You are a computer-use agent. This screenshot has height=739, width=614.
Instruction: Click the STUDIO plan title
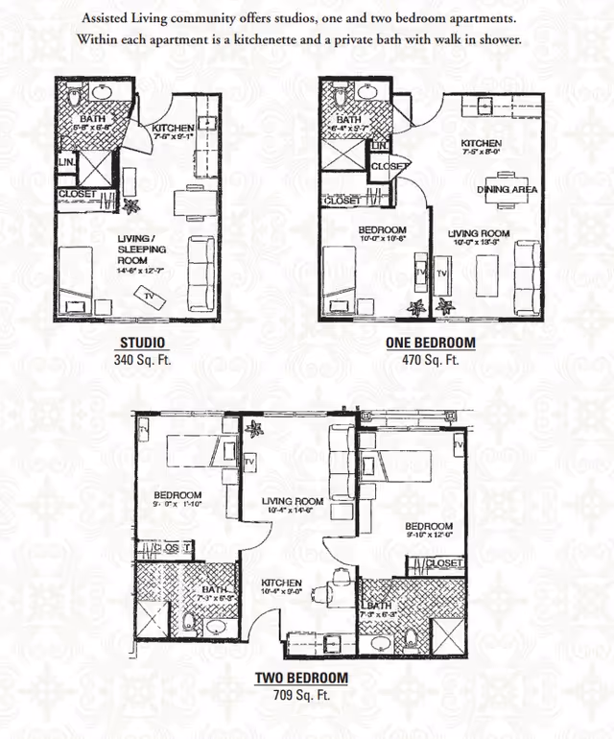tap(141, 344)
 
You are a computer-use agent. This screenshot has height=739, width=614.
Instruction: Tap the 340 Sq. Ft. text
tap(141, 361)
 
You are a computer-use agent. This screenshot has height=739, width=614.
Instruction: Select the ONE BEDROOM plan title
tap(429, 344)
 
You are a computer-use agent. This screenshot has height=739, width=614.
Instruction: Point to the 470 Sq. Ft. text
tap(429, 361)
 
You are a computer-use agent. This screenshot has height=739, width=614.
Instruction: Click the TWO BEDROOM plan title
tap(300, 678)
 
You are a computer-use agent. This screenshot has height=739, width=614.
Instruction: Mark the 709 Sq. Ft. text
tap(300, 695)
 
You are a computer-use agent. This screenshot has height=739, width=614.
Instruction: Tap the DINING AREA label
tap(508, 189)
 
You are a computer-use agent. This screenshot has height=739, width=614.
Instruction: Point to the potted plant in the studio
tap(131, 204)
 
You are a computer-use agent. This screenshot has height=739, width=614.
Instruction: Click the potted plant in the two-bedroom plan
tap(254, 428)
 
